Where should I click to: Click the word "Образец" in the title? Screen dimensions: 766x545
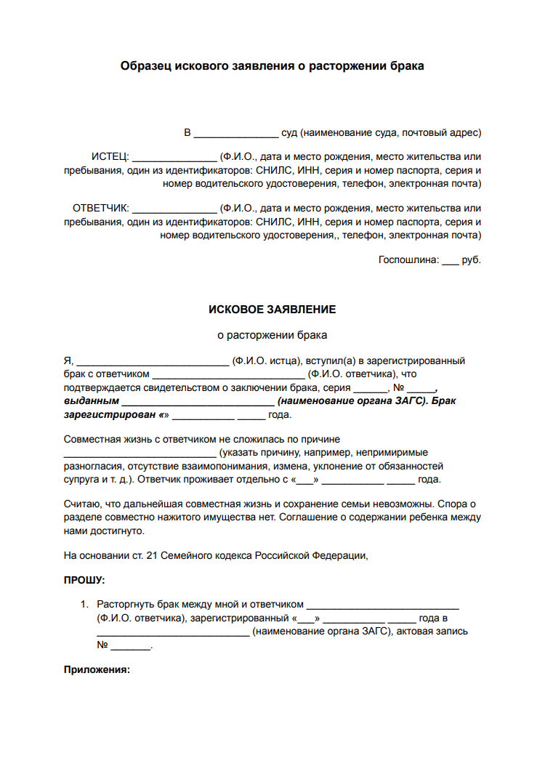[144, 66]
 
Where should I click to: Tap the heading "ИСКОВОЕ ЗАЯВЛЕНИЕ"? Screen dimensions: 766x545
[272, 309]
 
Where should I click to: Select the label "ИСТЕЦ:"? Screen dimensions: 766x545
[110, 156]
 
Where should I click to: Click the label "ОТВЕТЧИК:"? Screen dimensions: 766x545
[100, 208]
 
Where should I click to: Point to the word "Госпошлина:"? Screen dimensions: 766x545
[408, 259]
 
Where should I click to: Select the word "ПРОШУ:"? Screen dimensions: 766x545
[84, 580]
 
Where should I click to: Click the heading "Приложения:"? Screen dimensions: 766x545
[97, 669]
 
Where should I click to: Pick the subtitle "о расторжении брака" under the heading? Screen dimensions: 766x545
[272, 335]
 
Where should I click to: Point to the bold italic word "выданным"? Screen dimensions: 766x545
[91, 400]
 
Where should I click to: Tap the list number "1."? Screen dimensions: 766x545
[84, 604]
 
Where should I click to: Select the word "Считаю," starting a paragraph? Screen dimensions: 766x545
[83, 504]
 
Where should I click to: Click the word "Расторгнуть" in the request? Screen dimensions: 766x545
[127, 604]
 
